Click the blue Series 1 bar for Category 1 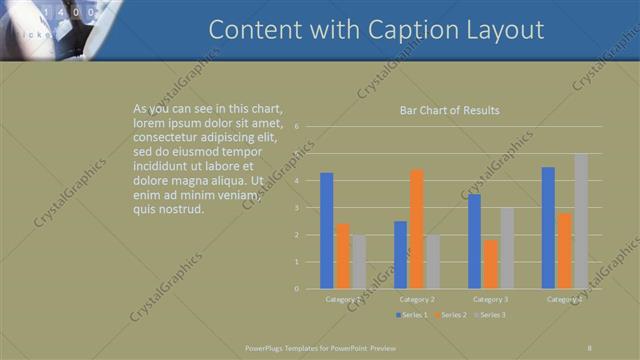coord(326,231)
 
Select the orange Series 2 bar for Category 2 coord(416,229)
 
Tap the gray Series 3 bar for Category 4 coord(581,221)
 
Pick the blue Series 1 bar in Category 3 coord(474,241)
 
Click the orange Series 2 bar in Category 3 coord(490,264)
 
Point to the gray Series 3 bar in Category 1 coord(358,262)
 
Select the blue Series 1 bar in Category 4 coord(548,228)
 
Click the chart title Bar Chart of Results coord(449,110)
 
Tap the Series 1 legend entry coord(413,315)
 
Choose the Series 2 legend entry coord(450,315)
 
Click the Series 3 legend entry coord(489,315)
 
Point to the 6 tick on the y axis coord(296,127)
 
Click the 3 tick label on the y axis coord(296,208)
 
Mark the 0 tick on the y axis coord(296,289)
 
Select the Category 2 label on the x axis coord(416,299)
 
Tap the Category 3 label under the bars coord(490,299)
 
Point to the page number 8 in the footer coord(590,347)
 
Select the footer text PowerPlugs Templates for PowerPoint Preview coord(321,347)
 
